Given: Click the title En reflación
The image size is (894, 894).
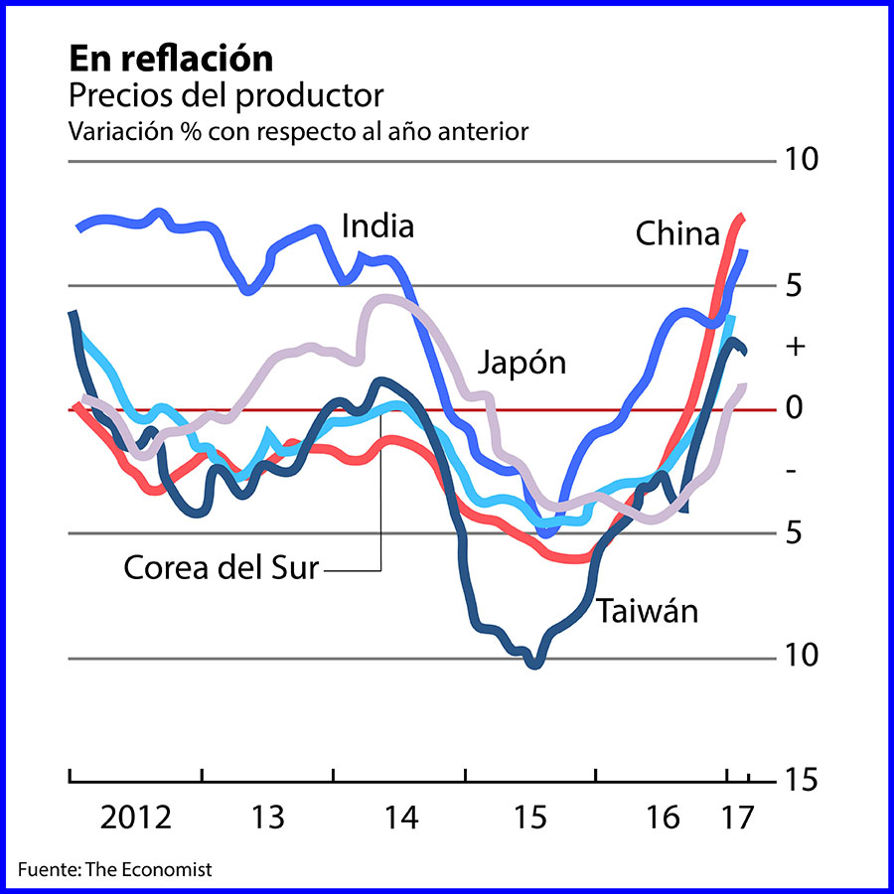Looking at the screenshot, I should pyautogui.click(x=170, y=59).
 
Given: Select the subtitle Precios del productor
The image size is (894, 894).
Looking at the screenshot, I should pyautogui.click(x=225, y=96).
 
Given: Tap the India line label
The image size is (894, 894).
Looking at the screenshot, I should pyautogui.click(x=377, y=226).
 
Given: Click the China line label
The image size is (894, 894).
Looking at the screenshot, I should pyautogui.click(x=676, y=234).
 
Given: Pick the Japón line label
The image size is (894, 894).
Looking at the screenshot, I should pyautogui.click(x=521, y=362).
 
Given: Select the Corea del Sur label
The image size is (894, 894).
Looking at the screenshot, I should pyautogui.click(x=221, y=568).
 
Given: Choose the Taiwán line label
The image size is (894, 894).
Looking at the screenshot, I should pyautogui.click(x=647, y=610).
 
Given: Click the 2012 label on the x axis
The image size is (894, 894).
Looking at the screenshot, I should pyautogui.click(x=136, y=819).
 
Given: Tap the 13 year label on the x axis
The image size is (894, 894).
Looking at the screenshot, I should pyautogui.click(x=268, y=819).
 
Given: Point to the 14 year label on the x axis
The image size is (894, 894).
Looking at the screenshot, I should pyautogui.click(x=401, y=819).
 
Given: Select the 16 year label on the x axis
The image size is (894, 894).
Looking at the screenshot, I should pyautogui.click(x=663, y=819).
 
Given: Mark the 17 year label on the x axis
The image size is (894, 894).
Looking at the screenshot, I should pyautogui.click(x=736, y=819).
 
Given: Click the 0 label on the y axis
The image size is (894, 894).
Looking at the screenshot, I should pyautogui.click(x=793, y=407).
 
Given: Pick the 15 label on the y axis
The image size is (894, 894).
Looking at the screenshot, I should pyautogui.click(x=801, y=781).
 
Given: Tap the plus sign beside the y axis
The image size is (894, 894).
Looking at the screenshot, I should pyautogui.click(x=793, y=347).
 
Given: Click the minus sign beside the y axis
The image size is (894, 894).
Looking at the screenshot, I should pyautogui.click(x=792, y=470).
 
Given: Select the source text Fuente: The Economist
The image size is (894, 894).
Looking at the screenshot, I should pyautogui.click(x=115, y=869).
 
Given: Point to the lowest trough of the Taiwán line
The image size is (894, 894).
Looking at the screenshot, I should pyautogui.click(x=534, y=664).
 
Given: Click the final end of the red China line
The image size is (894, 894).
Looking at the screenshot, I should pyautogui.click(x=741, y=217).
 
